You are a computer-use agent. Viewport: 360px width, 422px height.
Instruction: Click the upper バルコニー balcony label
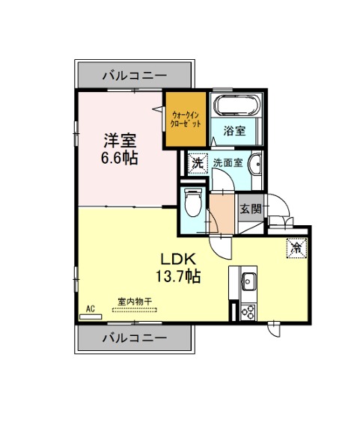pyautogui.click(x=135, y=76)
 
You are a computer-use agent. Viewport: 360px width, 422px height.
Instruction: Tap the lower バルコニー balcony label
pyautogui.click(x=135, y=337)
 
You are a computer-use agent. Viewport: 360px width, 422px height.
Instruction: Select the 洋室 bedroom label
pyautogui.click(x=120, y=141)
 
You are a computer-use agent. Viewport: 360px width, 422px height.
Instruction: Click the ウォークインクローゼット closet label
pyautogui.click(x=186, y=120)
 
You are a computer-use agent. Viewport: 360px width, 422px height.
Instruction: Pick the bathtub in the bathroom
pyautogui.click(x=238, y=105)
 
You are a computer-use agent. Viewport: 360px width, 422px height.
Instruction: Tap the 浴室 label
pyautogui.click(x=234, y=131)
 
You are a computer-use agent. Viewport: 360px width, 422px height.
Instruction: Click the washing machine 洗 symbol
pyautogui.click(x=198, y=163)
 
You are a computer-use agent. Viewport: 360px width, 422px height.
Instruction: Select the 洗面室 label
pyautogui.click(x=228, y=162)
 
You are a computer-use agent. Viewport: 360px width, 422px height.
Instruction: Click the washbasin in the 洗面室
pyautogui.click(x=255, y=163)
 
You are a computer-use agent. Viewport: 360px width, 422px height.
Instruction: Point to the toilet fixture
pyautogui.click(x=193, y=202)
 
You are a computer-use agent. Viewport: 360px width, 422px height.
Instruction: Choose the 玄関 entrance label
pyautogui.click(x=251, y=209)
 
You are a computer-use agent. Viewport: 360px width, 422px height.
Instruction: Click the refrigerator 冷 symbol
pyautogui.click(x=296, y=248)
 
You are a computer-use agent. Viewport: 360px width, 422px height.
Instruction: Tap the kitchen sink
pyautogui.click(x=248, y=281)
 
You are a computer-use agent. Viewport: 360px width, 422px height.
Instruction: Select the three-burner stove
pyautogui.click(x=248, y=312)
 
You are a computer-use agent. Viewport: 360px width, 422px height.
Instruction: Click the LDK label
pyautogui.click(x=178, y=260)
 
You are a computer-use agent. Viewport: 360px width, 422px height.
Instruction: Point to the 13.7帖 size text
pyautogui.click(x=178, y=276)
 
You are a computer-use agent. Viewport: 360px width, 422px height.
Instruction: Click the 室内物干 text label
pyautogui.click(x=135, y=301)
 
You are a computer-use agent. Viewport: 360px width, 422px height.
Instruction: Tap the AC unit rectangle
pyautogui.click(x=91, y=316)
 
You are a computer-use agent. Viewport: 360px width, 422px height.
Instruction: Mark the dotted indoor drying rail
pyautogui.click(x=135, y=310)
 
